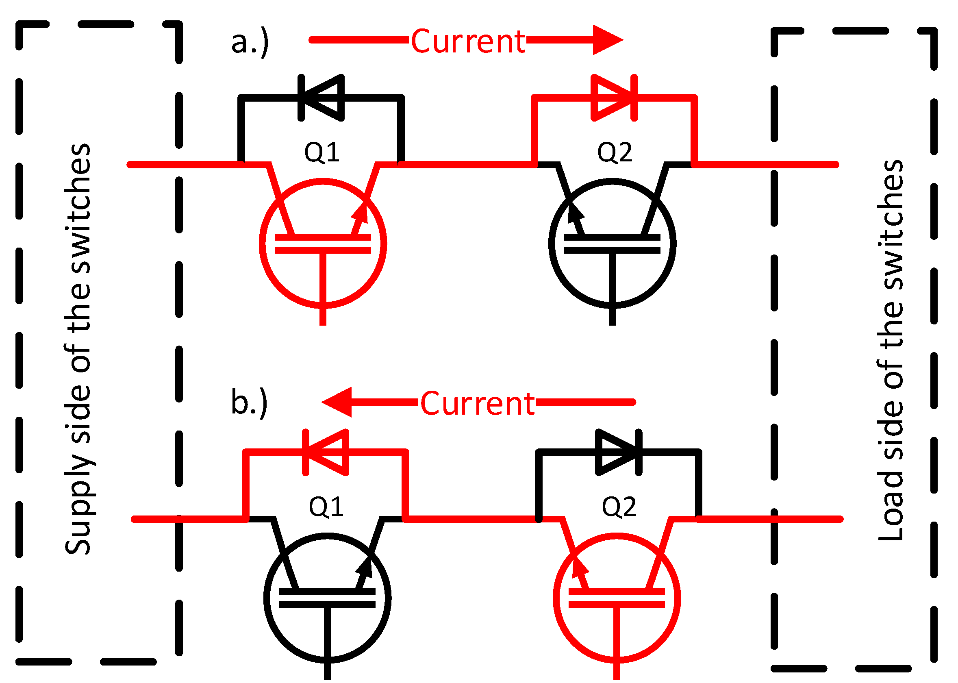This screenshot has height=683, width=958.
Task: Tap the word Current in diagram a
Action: pyautogui.click(x=467, y=41)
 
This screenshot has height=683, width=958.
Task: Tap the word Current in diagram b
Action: pyautogui.click(x=477, y=404)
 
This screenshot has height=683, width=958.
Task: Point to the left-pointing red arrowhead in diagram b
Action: pyautogui.click(x=338, y=402)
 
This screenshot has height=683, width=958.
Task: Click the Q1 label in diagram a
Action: pyautogui.click(x=322, y=152)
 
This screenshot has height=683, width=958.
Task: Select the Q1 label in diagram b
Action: pyautogui.click(x=326, y=507)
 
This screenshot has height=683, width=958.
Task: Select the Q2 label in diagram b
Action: pyautogui.click(x=619, y=507)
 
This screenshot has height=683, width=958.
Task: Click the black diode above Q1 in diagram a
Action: pyautogui.click(x=322, y=98)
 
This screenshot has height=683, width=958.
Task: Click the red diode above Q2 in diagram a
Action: pyautogui.click(x=613, y=98)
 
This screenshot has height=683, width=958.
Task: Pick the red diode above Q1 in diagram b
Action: pyautogui.click(x=326, y=452)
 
